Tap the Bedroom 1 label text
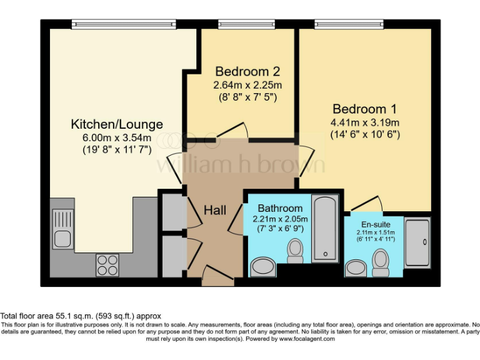(x=365, y=107)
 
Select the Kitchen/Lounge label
(x=117, y=124)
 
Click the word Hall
(x=215, y=210)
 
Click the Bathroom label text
(x=280, y=207)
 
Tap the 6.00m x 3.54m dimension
(x=117, y=137)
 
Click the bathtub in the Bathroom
(x=326, y=228)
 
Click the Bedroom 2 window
(x=247, y=24)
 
